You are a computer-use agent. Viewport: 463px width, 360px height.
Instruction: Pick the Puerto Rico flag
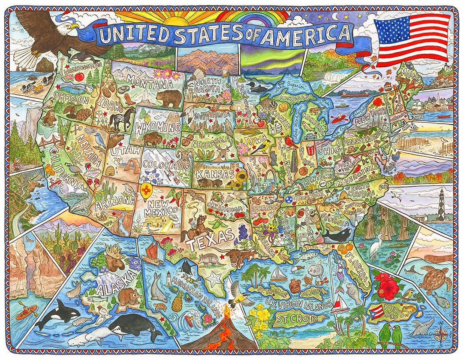click(376, 312)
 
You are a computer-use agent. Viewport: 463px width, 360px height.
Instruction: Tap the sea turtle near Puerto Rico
click(434, 279)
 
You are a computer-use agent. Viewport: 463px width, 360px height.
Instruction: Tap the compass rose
click(440, 333)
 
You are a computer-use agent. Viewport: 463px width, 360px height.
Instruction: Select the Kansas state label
click(215, 174)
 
